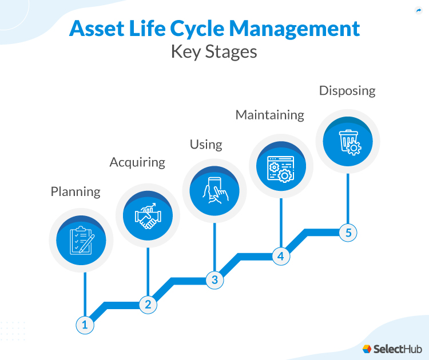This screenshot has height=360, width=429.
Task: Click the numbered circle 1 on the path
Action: point(85,325)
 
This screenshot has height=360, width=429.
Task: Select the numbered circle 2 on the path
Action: point(148,304)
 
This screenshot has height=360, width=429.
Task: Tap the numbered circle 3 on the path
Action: point(214,280)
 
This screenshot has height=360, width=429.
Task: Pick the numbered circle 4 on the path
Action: point(280,256)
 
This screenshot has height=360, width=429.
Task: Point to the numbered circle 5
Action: point(348,232)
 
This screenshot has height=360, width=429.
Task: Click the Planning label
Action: point(76,191)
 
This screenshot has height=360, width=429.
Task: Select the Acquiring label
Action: point(137,162)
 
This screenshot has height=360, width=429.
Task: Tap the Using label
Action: point(206,144)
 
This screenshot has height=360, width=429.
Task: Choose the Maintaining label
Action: point(270,114)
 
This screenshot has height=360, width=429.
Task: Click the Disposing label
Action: point(347,90)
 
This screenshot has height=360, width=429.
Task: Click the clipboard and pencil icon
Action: point(81,240)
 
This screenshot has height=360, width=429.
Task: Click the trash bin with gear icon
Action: point(348,141)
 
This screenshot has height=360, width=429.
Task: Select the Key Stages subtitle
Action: point(214,52)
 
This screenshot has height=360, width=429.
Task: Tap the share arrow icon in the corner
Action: point(418,10)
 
